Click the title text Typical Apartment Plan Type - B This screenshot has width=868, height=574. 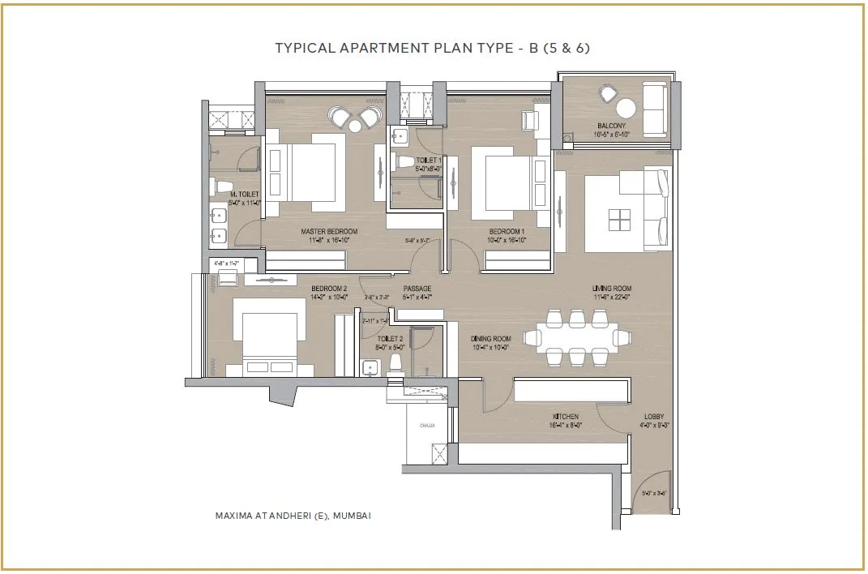tap(433, 48)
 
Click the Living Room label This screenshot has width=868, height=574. tap(612, 289)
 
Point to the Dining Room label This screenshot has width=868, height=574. tap(491, 339)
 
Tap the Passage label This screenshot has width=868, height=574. tap(417, 289)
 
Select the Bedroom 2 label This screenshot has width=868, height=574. tap(329, 289)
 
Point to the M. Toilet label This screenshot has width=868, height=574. tap(243, 195)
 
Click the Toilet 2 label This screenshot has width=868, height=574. tap(391, 339)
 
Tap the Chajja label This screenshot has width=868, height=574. tap(427, 424)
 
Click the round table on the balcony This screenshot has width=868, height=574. tap(626, 108)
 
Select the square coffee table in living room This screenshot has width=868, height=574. tap(619, 219)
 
